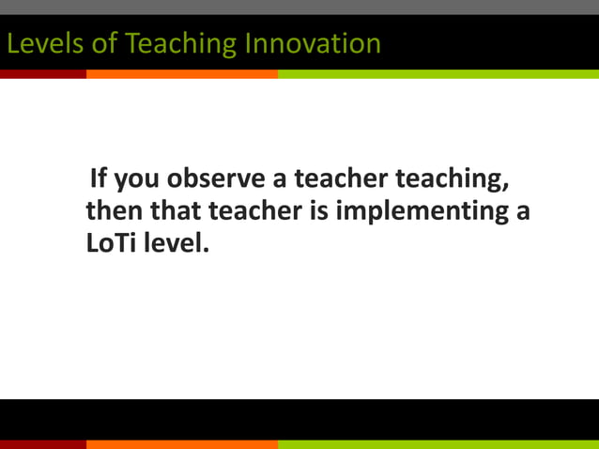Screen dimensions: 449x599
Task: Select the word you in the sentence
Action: point(137,179)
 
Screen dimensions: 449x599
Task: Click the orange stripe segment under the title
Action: point(182,73)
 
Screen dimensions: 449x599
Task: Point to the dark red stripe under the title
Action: point(43,73)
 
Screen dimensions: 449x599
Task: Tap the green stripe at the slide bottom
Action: point(438,444)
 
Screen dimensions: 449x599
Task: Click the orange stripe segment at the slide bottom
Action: point(182,444)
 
